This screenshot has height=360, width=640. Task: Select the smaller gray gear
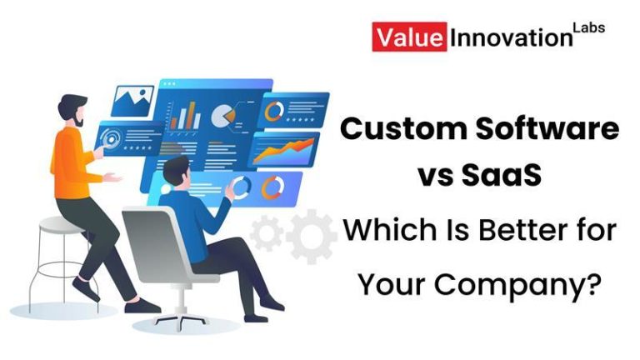[266, 232]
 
